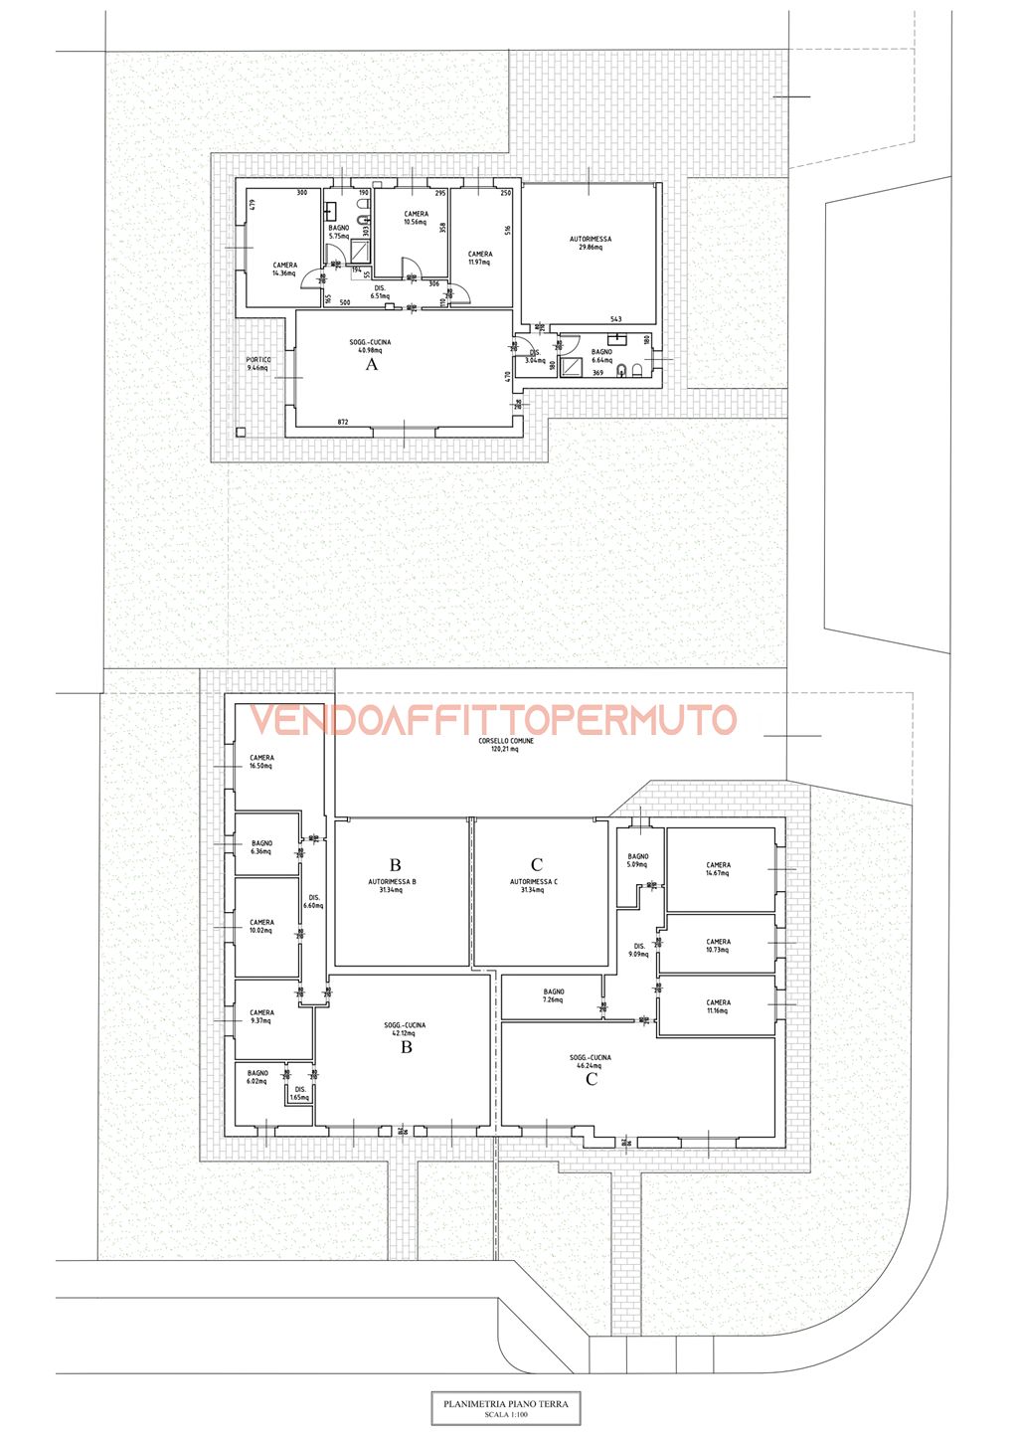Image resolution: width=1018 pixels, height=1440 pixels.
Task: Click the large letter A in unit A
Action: [x=373, y=365]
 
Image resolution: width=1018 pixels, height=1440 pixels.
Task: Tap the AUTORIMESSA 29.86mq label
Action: [x=591, y=243]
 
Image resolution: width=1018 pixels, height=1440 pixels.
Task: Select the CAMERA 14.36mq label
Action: [x=284, y=270]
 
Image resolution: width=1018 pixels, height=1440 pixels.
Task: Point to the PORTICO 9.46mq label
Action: [x=257, y=364]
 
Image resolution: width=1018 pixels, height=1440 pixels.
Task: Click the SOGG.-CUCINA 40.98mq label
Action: [x=370, y=346]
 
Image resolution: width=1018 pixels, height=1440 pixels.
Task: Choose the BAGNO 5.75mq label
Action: [x=339, y=232]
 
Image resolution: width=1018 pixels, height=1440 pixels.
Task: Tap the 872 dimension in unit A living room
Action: [x=343, y=423]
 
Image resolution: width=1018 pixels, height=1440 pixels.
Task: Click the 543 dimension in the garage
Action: [x=615, y=319]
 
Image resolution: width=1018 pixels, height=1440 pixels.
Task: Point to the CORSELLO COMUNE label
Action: [x=506, y=745]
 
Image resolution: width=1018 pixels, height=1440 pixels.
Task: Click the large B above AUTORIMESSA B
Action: [x=396, y=865]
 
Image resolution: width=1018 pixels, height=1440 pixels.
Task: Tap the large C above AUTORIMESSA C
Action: [x=537, y=865]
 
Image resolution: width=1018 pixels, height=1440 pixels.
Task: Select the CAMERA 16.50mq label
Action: [x=261, y=762]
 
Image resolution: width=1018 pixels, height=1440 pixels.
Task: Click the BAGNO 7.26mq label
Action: [x=554, y=995]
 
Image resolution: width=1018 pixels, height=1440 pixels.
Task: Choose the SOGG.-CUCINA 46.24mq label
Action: [x=591, y=1062]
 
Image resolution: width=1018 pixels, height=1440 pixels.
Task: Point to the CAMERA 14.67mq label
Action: [x=718, y=869]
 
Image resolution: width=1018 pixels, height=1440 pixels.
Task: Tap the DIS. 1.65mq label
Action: [x=299, y=1094]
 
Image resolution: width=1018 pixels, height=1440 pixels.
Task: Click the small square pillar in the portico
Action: [x=242, y=432]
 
